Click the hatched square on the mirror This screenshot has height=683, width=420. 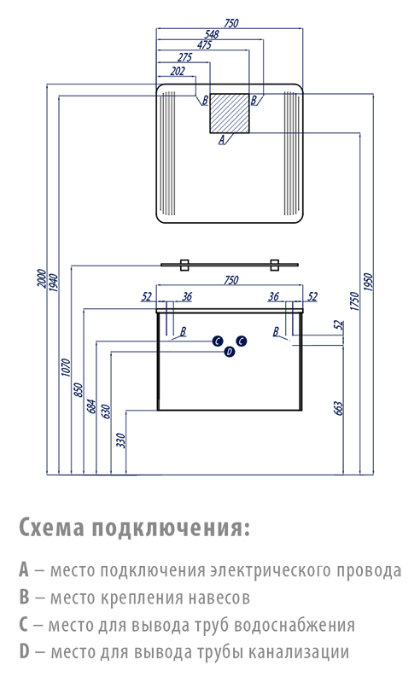coord(230,113)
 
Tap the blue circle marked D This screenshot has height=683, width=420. coord(230,352)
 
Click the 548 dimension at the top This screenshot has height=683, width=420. coord(212,34)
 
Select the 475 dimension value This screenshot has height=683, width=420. coord(204,45)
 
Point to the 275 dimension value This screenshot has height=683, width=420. coord(184,57)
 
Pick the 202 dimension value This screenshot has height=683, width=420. coord(178,71)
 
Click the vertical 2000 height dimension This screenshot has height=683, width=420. coord(41,279)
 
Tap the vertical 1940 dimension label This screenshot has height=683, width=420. coord(53,283)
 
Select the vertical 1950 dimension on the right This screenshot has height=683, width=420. coord(368,283)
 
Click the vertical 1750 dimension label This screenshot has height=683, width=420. coord(355,301)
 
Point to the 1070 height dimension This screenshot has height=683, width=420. coord(66,367)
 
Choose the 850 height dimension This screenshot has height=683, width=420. coord(79,389)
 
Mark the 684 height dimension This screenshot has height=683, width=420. coord(91,406)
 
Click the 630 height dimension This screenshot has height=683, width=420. coord(106,412)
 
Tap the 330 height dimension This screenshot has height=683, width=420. coord(120,441)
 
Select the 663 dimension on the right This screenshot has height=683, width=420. coord(340,408)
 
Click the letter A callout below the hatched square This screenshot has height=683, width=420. coord(221,140)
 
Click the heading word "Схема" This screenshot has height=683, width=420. coord(51,528)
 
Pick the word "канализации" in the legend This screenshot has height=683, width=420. coord(299,652)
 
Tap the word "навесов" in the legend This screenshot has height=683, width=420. coord(219,598)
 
